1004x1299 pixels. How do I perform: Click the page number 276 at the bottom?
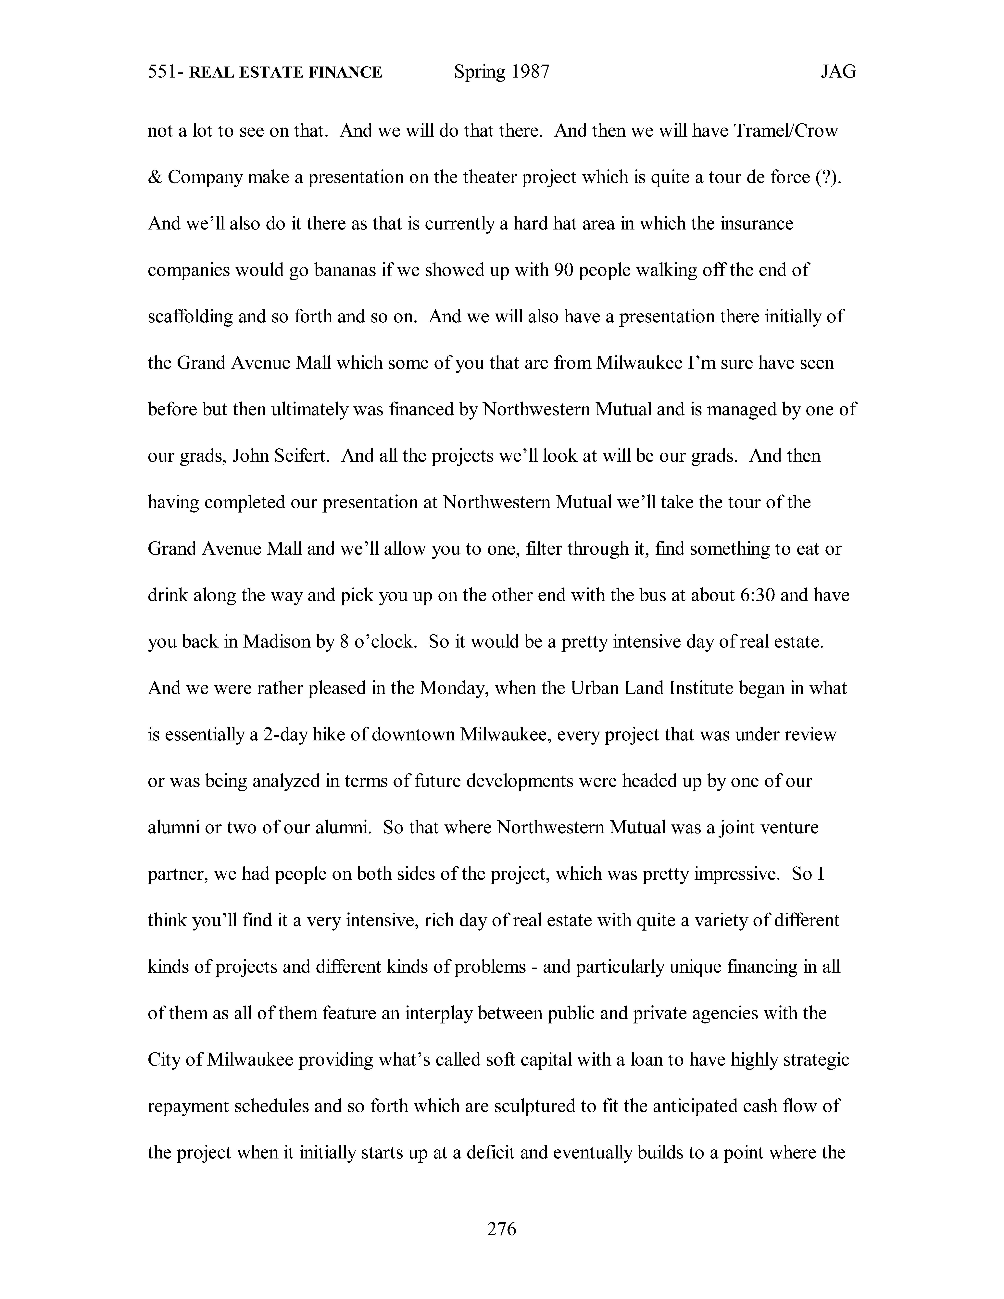(501, 1229)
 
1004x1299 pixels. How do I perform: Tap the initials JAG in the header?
(838, 72)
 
